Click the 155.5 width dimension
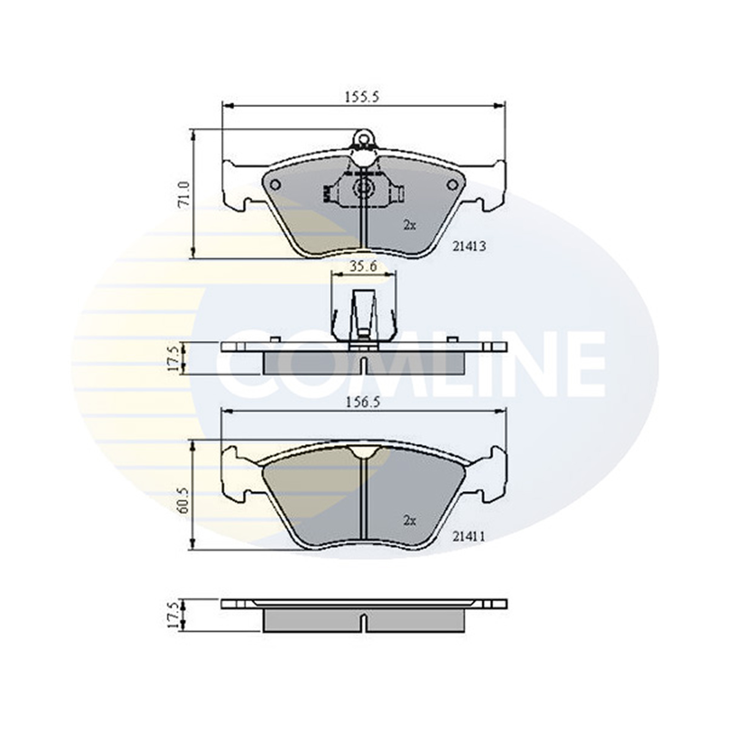362,98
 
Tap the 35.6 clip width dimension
363,267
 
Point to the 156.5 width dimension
363,402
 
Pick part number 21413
469,247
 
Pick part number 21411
469,536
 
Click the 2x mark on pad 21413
410,226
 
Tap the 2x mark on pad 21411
410,521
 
